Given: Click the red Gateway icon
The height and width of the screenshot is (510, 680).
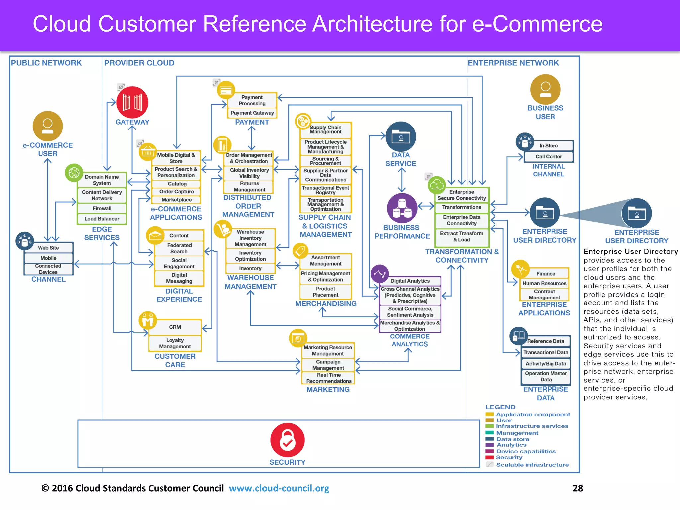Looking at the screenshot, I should [132, 102].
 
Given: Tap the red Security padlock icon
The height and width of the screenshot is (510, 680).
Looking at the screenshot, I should [287, 440].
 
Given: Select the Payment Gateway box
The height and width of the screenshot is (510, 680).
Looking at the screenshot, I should [252, 113].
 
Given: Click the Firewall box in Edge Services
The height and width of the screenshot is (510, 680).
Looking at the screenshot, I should [102, 209].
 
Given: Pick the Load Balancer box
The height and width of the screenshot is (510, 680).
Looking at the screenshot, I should [102, 219].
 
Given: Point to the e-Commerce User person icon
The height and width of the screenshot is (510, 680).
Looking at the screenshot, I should [47, 126].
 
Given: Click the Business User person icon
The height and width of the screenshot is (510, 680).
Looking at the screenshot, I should [545, 89].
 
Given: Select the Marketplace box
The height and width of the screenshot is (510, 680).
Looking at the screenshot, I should [176, 200].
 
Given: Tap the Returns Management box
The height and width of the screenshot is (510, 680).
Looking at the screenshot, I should [249, 187].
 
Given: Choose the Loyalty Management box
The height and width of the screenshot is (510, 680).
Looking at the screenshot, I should [175, 343].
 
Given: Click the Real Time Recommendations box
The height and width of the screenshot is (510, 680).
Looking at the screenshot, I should [328, 378].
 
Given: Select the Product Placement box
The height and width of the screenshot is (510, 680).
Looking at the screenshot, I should [325, 292].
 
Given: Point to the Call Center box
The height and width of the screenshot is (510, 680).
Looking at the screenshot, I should [549, 157].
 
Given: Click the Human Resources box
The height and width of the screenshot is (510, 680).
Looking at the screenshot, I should [544, 283].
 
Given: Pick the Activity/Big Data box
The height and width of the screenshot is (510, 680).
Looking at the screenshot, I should [546, 364].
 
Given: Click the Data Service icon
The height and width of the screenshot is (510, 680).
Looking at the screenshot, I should [401, 136].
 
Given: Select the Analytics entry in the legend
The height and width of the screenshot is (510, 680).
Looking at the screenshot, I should [511, 445].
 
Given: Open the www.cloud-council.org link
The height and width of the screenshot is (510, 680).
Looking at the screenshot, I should [279, 488].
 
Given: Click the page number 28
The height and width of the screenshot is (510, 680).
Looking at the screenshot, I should [578, 488].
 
